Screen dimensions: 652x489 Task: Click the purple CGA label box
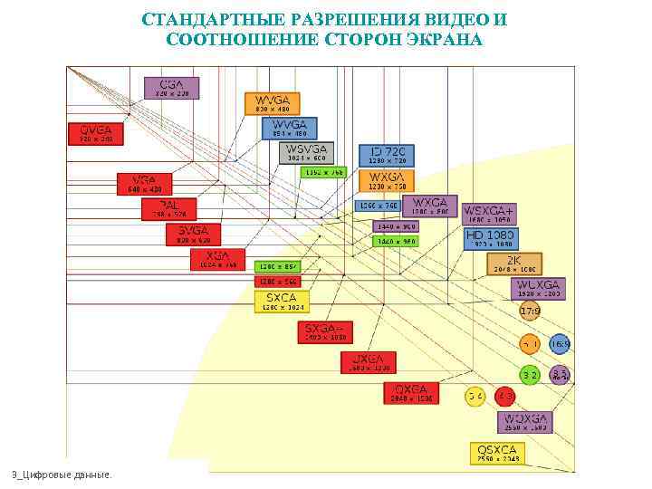tap(171, 88)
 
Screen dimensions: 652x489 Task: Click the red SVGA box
tap(192, 235)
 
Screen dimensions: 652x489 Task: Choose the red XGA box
tap(217, 260)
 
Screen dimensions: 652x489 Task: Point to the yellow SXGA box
tap(282, 302)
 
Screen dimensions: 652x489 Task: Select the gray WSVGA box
tap(307, 153)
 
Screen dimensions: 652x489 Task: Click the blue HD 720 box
tap(387, 154)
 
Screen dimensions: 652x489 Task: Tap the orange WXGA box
tap(387, 181)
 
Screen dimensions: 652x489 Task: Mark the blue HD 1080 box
tap(490, 239)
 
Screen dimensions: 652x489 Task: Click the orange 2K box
tap(514, 264)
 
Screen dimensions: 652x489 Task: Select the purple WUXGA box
tap(537, 289)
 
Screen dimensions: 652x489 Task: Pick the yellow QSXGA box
tap(498, 454)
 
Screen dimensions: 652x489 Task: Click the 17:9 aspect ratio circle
tap(530, 312)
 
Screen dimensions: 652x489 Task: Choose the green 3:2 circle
tap(530, 374)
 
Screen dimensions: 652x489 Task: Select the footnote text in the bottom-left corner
tap(62, 475)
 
